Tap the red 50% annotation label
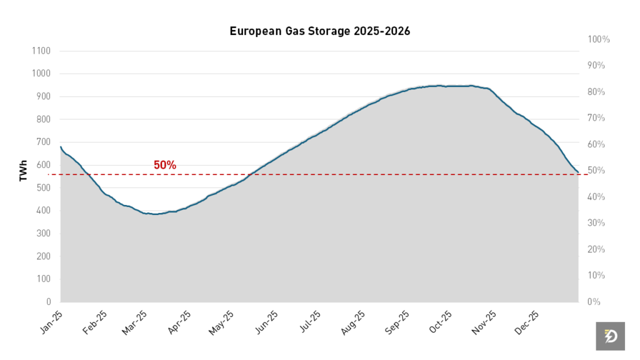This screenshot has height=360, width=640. (165, 165)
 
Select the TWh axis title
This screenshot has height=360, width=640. (23, 169)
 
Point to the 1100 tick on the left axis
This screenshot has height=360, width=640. (41, 51)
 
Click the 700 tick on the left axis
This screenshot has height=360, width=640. (42, 142)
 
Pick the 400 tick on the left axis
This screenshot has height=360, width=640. (42, 211)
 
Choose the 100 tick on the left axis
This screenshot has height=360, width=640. (42, 279)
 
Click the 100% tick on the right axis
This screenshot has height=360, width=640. (599, 39)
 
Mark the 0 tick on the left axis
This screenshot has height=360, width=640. (47, 302)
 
